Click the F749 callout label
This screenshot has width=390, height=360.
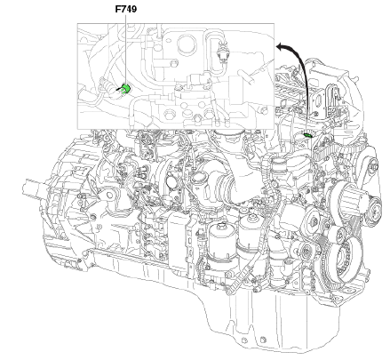pyautogui.click(x=126, y=9)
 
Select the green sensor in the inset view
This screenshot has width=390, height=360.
pyautogui.click(x=126, y=88)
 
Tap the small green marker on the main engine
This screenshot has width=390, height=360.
pyautogui.click(x=307, y=135)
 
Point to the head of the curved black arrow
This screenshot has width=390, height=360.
pyautogui.click(x=279, y=46)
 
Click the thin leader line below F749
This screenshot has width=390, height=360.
pyautogui.click(x=125, y=50)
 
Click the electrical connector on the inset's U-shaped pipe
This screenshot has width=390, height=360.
pyautogui.click(x=222, y=52)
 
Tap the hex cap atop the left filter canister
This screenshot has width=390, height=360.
pyautogui.click(x=221, y=227)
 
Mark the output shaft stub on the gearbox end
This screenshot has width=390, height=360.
pyautogui.click(x=33, y=188)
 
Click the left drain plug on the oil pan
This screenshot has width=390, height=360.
pyautogui.click(x=244, y=340)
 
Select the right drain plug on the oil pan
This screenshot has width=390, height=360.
pyautogui.click(x=262, y=340)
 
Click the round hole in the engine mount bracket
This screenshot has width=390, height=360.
pyautogui.click(x=109, y=195)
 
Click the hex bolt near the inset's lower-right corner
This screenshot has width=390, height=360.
pyautogui.click(x=263, y=110)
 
